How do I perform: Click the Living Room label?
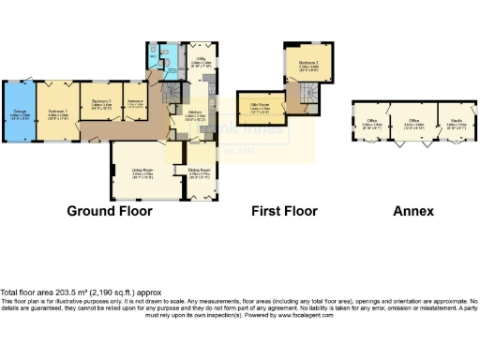(x=142, y=172)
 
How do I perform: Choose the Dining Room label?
(x=197, y=172)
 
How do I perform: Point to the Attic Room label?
(x=260, y=109)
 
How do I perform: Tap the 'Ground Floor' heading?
(x=110, y=211)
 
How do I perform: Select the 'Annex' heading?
(x=412, y=211)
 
